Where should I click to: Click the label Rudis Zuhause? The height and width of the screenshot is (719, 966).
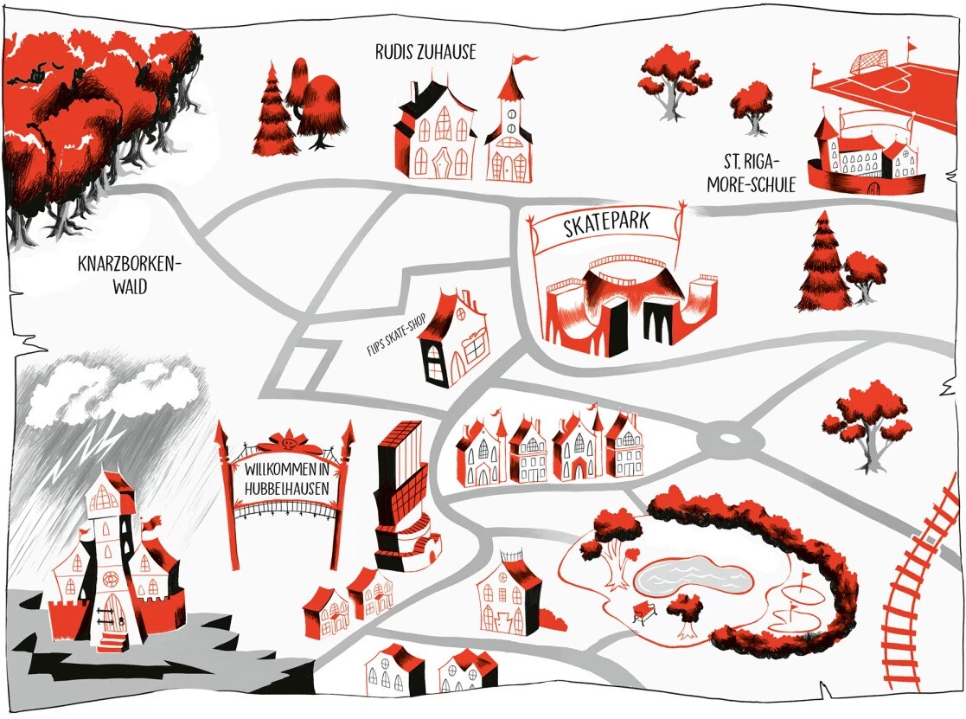(425, 53)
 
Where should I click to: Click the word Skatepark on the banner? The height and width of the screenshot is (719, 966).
(606, 228)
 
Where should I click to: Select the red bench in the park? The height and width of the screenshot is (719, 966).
(644, 612)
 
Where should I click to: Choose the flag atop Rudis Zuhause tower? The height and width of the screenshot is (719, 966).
(523, 60)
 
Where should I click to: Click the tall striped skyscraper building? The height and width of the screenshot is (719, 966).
(400, 489)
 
